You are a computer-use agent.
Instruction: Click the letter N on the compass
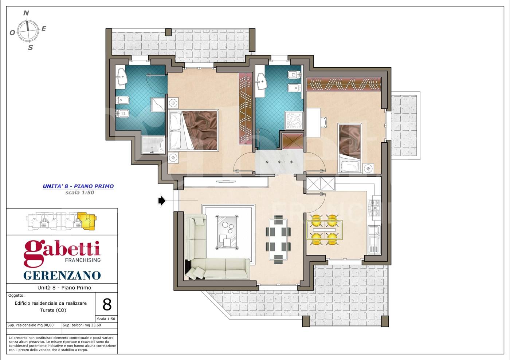pyautogui.click(x=26, y=13)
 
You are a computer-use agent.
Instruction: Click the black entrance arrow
pyautogui.click(x=162, y=201)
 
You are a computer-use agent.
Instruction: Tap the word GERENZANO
pyautogui.click(x=62, y=276)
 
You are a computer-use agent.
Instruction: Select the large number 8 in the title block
pyautogui.click(x=107, y=305)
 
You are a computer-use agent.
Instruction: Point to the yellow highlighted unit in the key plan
pyautogui.click(x=87, y=221)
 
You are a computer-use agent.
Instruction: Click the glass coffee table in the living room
pyautogui.click(x=227, y=232)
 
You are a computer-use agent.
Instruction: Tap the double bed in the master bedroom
pyautogui.click(x=193, y=130)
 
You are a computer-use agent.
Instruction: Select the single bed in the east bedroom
pyautogui.click(x=350, y=148)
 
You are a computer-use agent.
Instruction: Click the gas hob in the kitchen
pyautogui.click(x=374, y=208)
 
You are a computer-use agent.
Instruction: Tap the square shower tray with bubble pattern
pyautogui.click(x=294, y=120)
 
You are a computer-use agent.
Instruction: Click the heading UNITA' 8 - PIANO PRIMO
pyautogui.click(x=78, y=186)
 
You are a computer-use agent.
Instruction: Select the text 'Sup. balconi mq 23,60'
pyautogui.click(x=82, y=325)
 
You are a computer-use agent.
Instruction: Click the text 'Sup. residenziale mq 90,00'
pyautogui.click(x=31, y=325)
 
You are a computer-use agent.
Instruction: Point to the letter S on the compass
pyautogui.click(x=31, y=48)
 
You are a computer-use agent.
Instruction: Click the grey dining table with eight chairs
pyautogui.click(x=278, y=240)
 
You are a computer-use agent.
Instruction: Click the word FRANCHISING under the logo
pyautogui.click(x=83, y=260)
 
